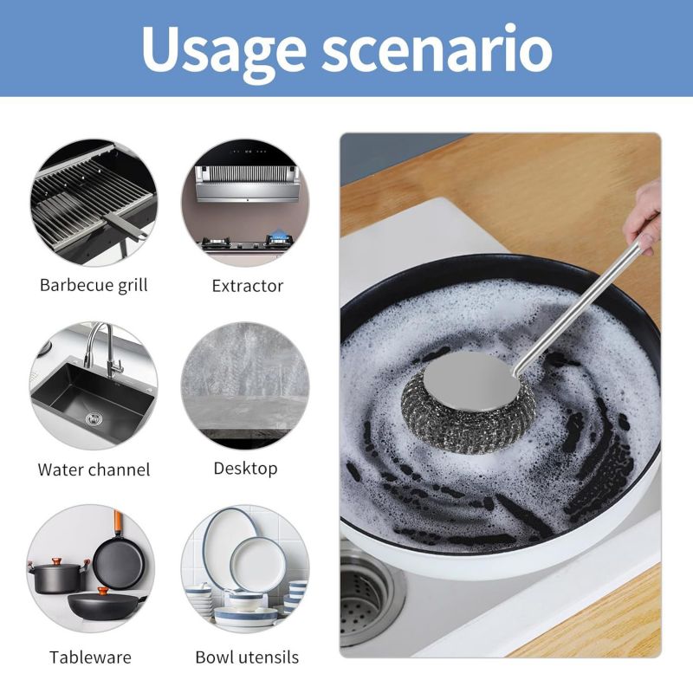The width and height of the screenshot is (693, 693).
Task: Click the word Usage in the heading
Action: click(223, 49)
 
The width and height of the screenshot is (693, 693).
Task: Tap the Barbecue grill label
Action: click(94, 285)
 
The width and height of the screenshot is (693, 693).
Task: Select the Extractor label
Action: click(247, 286)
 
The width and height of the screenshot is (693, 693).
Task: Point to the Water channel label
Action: click(94, 470)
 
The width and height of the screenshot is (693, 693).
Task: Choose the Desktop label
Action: click(245, 469)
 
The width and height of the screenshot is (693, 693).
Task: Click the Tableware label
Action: click(90, 657)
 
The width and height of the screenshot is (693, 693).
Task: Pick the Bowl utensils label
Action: click(247, 657)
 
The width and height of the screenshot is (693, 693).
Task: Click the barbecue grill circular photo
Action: click(94, 203)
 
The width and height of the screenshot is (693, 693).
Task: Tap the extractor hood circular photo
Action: click(246, 203)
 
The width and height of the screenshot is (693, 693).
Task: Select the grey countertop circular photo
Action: click(246, 385)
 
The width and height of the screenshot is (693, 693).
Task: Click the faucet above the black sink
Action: click(104, 349)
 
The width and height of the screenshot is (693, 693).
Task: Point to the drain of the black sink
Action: click(94, 418)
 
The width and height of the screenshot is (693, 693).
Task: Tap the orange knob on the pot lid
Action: click(57, 561)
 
